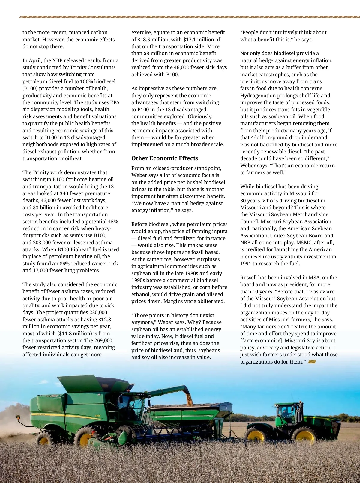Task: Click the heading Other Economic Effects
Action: (165, 158)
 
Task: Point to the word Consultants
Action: (101, 67)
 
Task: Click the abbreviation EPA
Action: (115, 102)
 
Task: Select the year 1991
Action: (246, 264)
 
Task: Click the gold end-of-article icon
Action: (312, 362)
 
